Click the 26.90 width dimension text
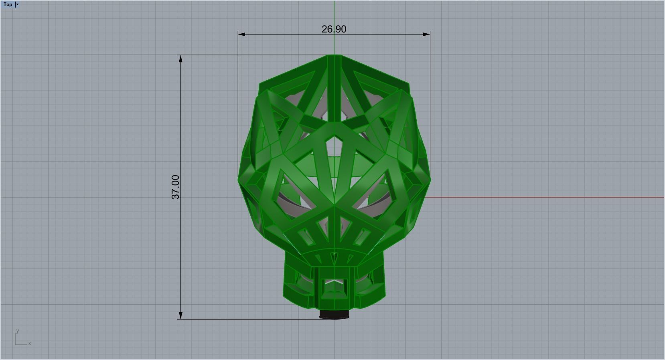[x=334, y=29]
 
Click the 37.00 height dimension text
[x=176, y=187]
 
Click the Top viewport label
[x=8, y=4]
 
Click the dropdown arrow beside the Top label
[x=17, y=4]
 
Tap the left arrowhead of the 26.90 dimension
[x=241, y=34]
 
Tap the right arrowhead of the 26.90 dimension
[x=427, y=34]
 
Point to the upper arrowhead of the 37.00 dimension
[x=180, y=59]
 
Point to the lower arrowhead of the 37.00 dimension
[x=180, y=316]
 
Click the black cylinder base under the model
[x=334, y=315]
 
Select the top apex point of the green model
[x=334, y=55]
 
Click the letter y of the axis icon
[x=18, y=331]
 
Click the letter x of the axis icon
[x=30, y=344]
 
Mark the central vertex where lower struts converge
[x=334, y=206]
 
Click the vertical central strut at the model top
[x=334, y=88]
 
